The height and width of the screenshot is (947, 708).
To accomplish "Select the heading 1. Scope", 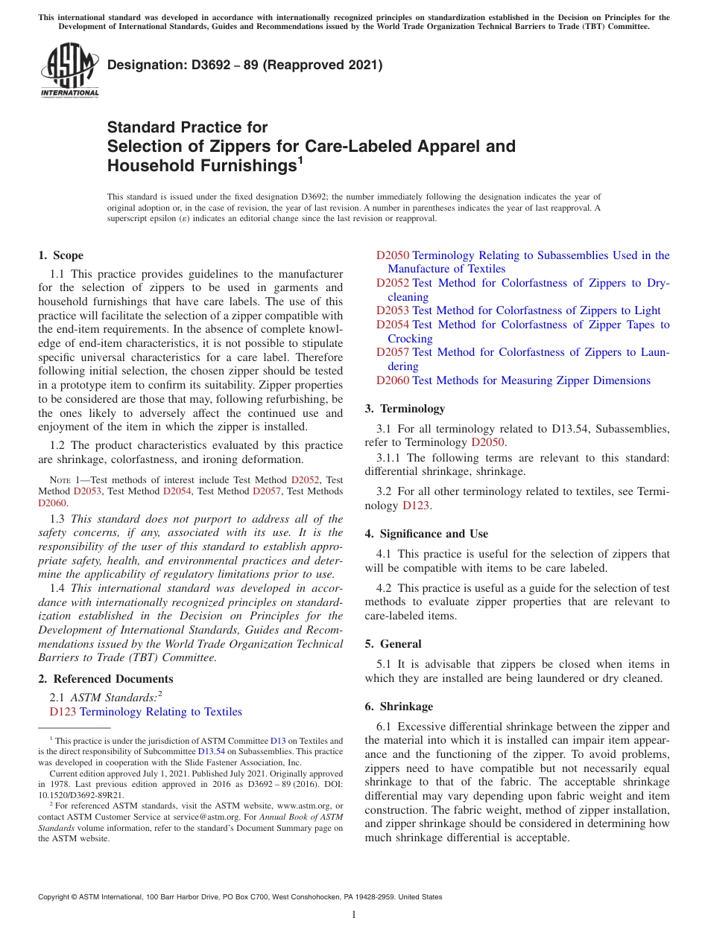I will point(60,255).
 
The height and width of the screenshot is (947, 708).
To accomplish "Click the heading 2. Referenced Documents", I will point(105,679).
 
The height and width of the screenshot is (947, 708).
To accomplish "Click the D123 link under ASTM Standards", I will point(63,712).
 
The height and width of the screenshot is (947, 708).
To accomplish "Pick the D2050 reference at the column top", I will point(393,255).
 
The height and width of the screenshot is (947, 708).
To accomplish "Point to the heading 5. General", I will point(393,644).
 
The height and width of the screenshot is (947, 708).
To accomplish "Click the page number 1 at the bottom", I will point(354,915).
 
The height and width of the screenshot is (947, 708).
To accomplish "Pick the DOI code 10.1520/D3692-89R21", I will point(81,795).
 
